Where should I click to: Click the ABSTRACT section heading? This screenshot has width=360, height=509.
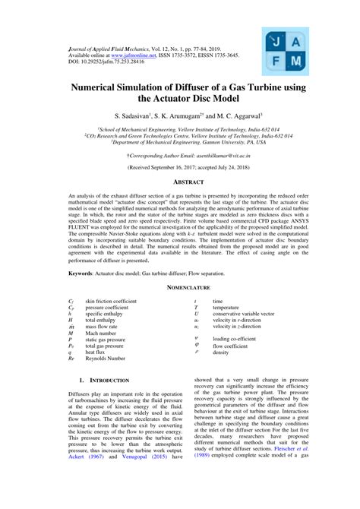186,182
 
